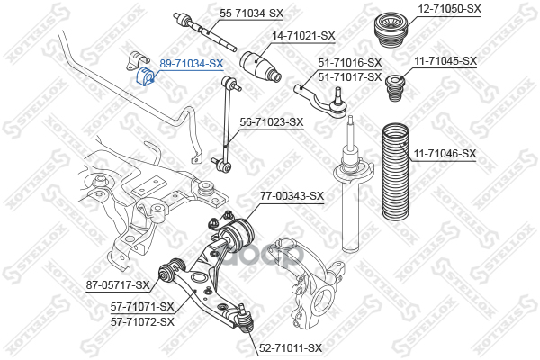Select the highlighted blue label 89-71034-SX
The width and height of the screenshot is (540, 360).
tap(191, 64)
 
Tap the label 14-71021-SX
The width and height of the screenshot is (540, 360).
tap(304, 36)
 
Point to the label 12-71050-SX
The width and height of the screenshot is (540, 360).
tap(450, 8)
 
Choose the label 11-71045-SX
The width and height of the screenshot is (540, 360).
tap(445, 61)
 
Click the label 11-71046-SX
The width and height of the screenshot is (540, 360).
tap(445, 154)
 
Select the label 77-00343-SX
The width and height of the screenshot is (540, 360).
tap(292, 195)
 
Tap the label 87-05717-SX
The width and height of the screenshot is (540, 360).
tap(118, 285)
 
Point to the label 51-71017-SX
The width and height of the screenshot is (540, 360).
tap(350, 76)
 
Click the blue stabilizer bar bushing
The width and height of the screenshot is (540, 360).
tap(145, 78)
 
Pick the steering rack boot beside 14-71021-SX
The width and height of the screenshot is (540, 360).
tap(261, 67)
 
